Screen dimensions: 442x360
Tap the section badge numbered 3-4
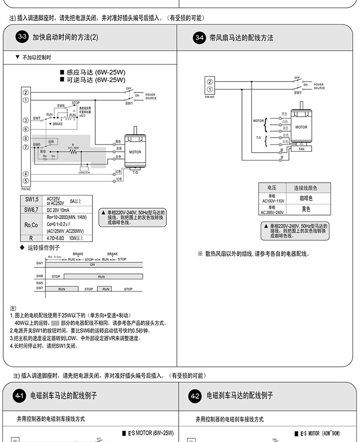click(199, 37)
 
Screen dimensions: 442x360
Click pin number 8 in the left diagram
click(26, 138)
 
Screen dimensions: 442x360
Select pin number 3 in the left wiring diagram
click(26, 120)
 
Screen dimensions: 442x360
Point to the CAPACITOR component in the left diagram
click(84, 169)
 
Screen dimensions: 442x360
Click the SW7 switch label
click(36, 118)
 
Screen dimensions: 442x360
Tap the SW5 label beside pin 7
click(37, 144)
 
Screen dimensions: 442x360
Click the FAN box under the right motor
click(301, 149)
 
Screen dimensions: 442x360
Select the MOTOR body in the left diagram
click(135, 152)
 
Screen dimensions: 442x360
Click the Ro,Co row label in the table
click(31, 225)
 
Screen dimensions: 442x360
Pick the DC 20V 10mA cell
click(58, 210)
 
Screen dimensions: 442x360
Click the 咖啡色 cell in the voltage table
click(306, 198)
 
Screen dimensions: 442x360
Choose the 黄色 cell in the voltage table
click(306, 209)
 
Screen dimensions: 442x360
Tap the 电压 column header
click(272, 188)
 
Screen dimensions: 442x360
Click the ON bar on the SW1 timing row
click(93, 264)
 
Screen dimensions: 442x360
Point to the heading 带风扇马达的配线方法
click(242, 38)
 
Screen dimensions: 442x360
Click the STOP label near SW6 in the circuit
click(76, 103)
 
